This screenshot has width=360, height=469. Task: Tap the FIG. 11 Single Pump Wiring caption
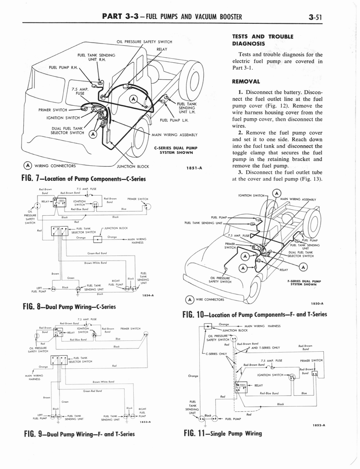click(222, 433)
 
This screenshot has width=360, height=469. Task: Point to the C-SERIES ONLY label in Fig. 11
click(217, 353)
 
